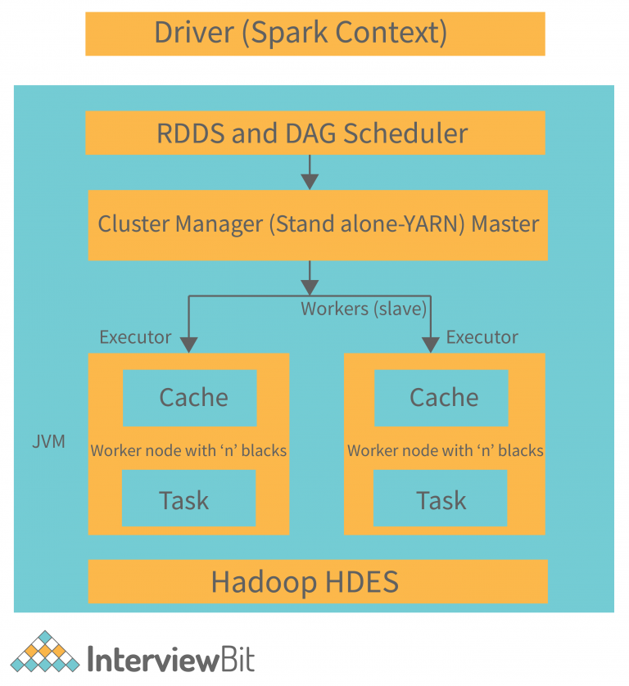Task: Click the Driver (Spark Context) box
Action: coord(314,34)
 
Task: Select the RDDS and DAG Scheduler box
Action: coord(314,133)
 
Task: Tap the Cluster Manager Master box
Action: coord(318,224)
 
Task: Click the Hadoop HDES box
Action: coord(317,581)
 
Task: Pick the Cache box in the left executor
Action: coord(189,398)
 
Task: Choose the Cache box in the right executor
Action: coord(441,398)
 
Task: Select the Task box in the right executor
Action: coord(440,499)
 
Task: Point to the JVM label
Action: coord(48,443)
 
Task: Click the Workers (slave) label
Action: coord(364,309)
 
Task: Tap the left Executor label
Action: coord(135,337)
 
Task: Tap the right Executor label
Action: coord(482,337)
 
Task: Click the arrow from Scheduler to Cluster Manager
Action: coord(310,171)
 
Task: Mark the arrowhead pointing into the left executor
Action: coord(189,345)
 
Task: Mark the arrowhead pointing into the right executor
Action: coord(430,345)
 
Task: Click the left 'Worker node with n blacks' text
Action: coord(188,450)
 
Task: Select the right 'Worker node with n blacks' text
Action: coord(445,450)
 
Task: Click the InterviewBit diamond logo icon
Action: coord(44,654)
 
